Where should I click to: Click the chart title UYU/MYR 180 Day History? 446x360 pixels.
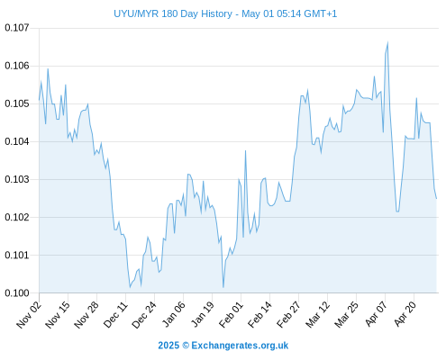pos(173,13)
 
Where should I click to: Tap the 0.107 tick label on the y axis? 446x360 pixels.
pos(17,28)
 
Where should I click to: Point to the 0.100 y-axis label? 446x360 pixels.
pos(17,292)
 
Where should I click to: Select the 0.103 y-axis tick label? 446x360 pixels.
pos(17,179)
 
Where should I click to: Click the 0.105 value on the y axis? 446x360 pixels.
pos(17,103)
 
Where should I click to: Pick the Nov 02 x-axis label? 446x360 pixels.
pos(29,315)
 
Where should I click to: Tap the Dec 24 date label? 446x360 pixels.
pos(144,315)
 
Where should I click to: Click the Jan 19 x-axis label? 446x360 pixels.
pos(203,315)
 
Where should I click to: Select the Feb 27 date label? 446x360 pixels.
pos(288,315)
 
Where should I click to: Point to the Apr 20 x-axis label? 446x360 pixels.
pos(405,314)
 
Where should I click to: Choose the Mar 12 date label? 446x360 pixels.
pos(317,315)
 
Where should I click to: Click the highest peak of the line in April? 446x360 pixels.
pos(387,42)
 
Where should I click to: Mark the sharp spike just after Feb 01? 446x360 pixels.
pos(245,151)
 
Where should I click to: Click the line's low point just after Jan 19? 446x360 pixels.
pos(223,287)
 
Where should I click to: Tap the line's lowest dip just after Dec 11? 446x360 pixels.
pos(130,287)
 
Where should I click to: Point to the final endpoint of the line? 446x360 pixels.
pos(436,198)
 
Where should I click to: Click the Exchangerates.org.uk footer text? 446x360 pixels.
pos(240,346)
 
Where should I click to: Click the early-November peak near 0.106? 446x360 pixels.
pos(48,69)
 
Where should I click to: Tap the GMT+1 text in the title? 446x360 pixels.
pos(321,13)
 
